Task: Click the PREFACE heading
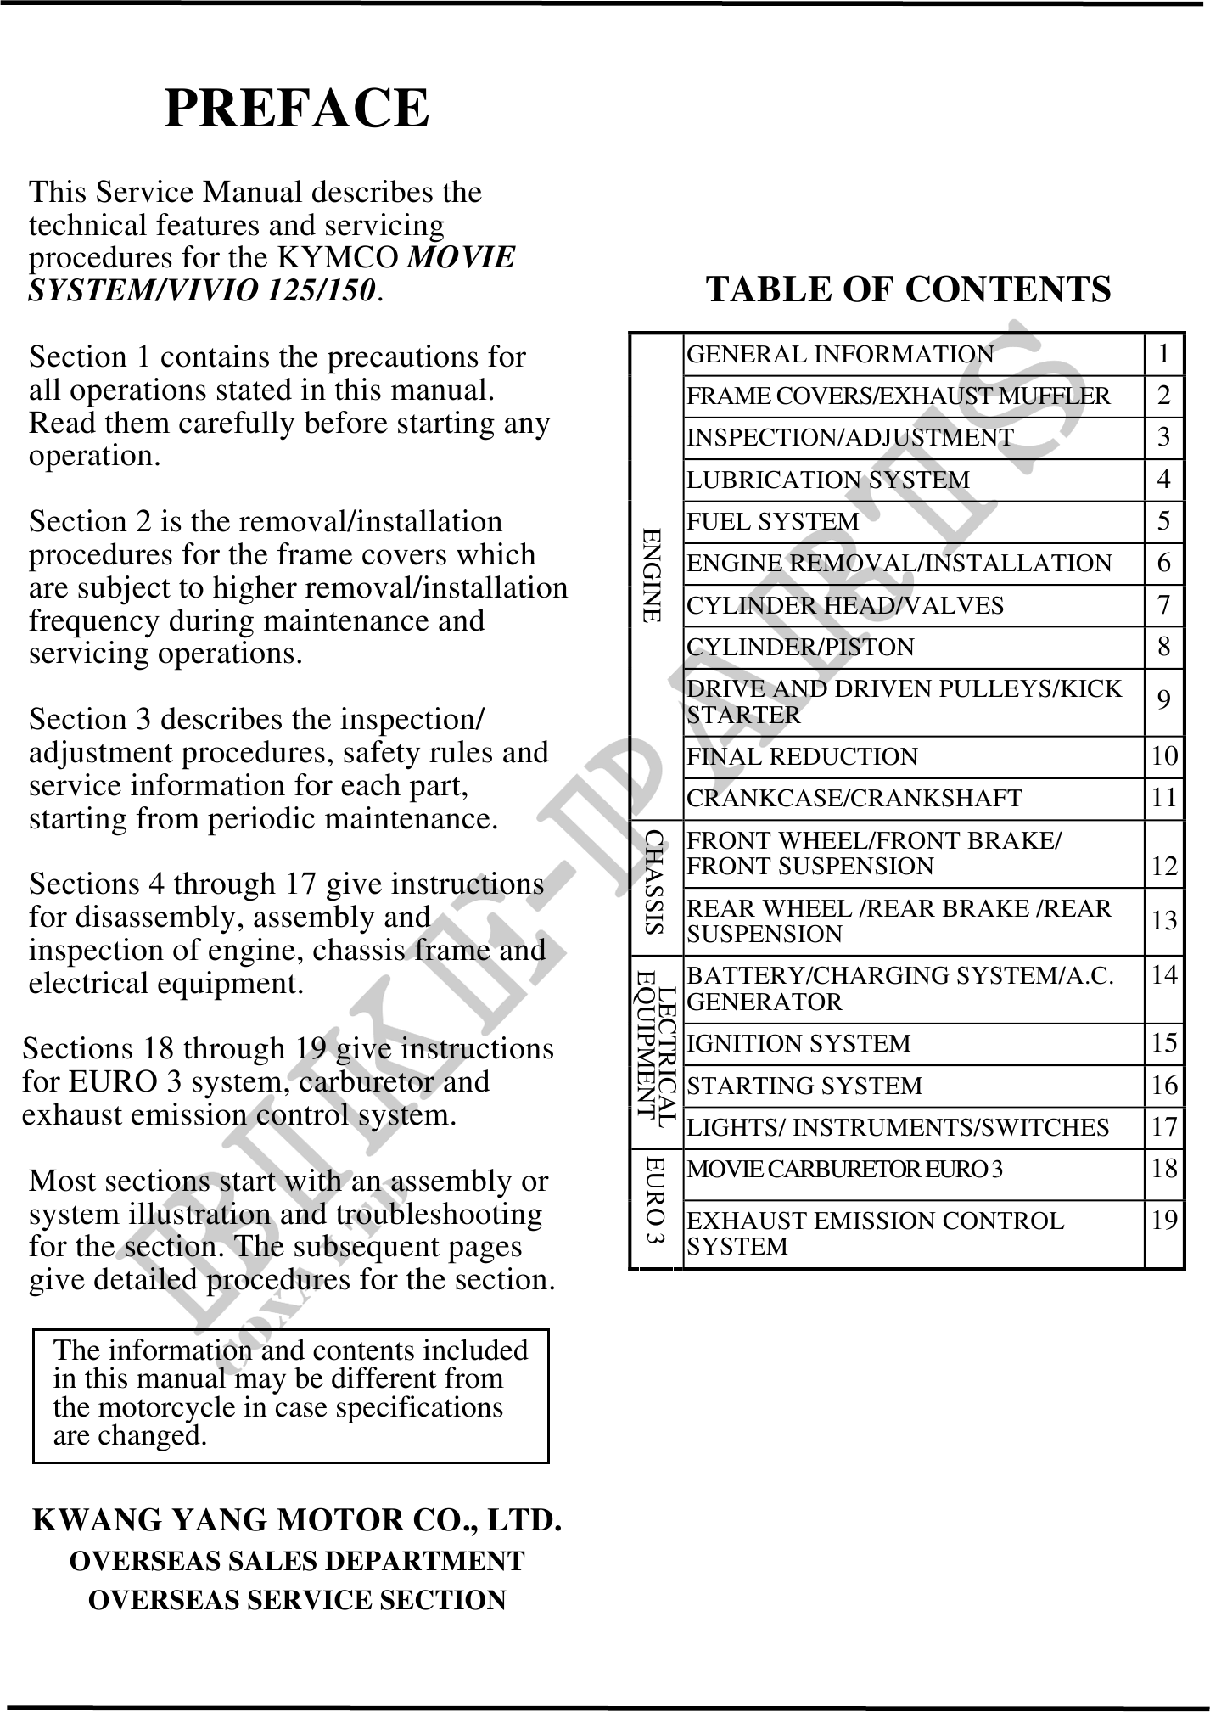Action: [296, 109]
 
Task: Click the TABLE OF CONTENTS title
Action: [908, 289]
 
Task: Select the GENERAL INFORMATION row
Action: [840, 354]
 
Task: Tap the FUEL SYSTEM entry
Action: [772, 521]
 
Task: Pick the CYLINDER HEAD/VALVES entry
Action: [844, 605]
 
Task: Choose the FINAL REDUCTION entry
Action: [802, 756]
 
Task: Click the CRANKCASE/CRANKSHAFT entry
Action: [854, 798]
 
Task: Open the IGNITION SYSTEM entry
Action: [798, 1043]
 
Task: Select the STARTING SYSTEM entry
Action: [804, 1086]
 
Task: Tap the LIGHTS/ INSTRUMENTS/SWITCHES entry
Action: [897, 1127]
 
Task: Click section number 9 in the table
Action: [1164, 700]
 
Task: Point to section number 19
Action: [1164, 1221]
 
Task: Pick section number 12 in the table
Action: [1164, 867]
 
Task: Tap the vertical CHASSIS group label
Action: [653, 883]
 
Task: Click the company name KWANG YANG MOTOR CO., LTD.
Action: [296, 1520]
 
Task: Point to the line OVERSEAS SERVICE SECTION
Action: [297, 1600]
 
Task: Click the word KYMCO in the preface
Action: [340, 257]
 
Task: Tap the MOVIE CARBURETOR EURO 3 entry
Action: [844, 1170]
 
